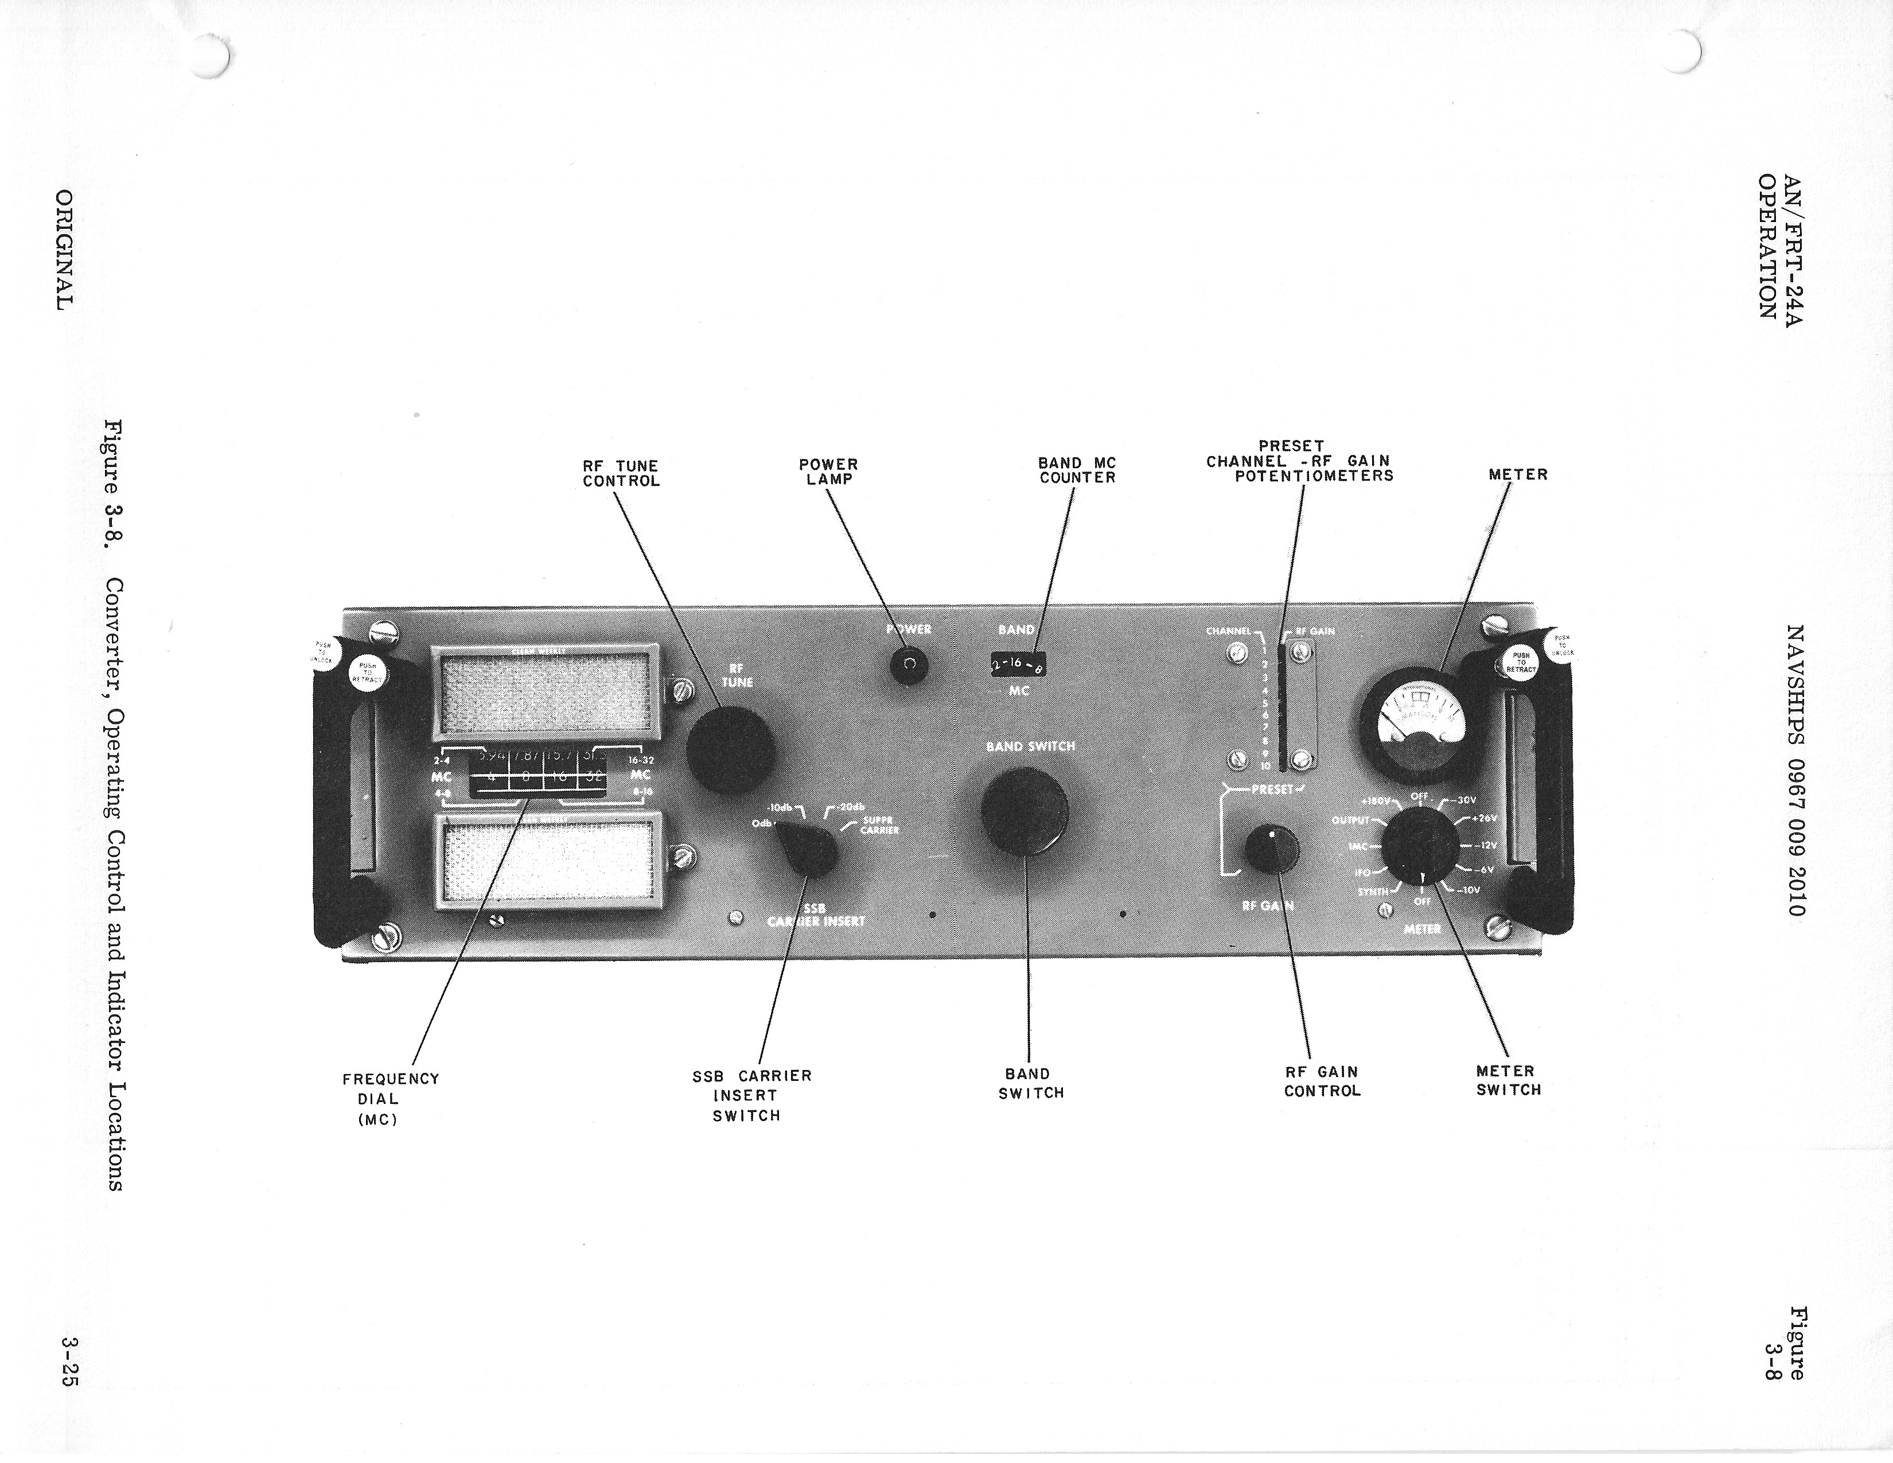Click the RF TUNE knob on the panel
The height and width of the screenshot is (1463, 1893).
pyautogui.click(x=730, y=750)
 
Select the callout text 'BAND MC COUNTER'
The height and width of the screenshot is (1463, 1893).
pyautogui.click(x=1077, y=470)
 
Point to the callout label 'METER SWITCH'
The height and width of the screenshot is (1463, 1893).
pyautogui.click(x=1508, y=1081)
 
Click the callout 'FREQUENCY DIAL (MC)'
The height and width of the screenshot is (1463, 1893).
pyautogui.click(x=390, y=1098)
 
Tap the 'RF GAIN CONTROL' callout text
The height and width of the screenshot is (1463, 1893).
pyautogui.click(x=1322, y=1081)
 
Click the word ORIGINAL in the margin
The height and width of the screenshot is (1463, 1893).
pyautogui.click(x=65, y=251)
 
